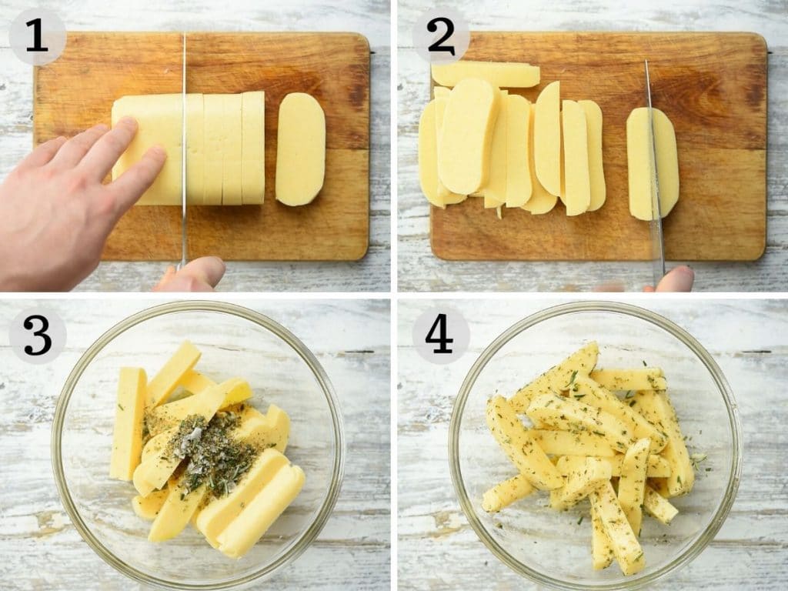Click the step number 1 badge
37,37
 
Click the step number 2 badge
440,37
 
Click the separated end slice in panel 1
300,149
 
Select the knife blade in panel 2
653,169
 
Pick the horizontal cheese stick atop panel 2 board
485,74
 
